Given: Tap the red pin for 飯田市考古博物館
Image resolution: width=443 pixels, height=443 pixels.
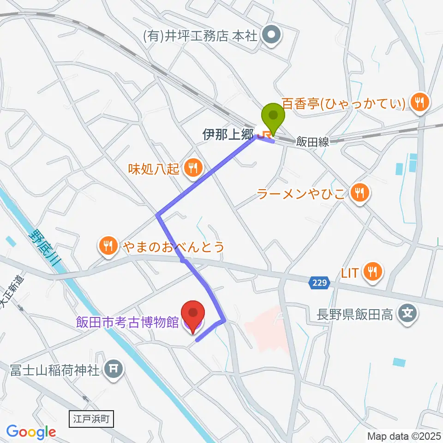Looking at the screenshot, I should point(193,314).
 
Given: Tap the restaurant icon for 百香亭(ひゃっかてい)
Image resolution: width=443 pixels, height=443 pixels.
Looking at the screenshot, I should point(420,102).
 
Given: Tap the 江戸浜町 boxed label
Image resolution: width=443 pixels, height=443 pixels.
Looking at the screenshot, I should point(90,419).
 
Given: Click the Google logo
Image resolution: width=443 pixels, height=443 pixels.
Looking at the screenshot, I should point(31,431).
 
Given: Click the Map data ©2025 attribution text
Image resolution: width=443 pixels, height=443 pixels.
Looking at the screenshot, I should point(404,436).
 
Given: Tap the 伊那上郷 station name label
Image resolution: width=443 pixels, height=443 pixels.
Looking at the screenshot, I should point(228,134).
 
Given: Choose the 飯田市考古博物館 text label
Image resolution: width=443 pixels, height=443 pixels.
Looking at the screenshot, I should point(127,323).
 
